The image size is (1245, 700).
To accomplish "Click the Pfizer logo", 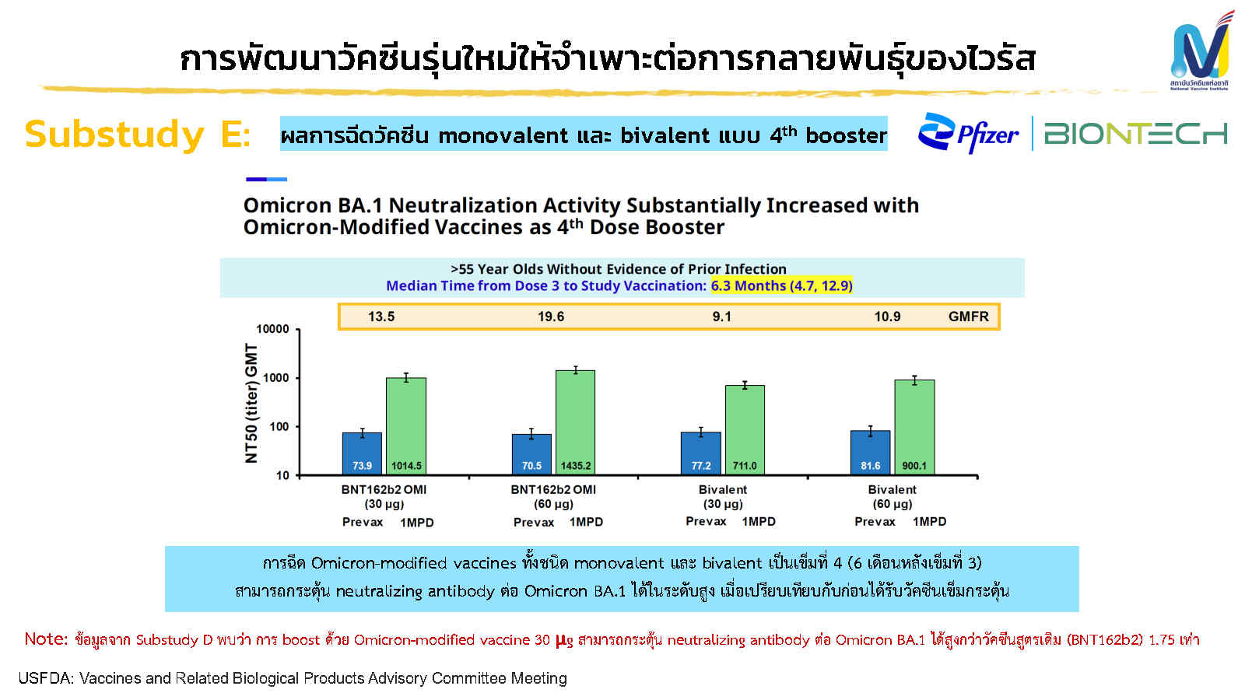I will pyautogui.click(x=968, y=134).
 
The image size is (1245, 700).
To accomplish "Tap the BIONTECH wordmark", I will pyautogui.click(x=1135, y=134).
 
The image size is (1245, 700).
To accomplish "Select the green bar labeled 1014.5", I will pyautogui.click(x=406, y=424).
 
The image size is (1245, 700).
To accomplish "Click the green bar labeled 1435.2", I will pyautogui.click(x=575, y=420).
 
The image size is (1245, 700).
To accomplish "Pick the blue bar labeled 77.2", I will pyautogui.click(x=700, y=453).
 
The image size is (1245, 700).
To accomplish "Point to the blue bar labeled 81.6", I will pyautogui.click(x=870, y=452).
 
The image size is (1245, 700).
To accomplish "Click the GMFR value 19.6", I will pyautogui.click(x=551, y=317).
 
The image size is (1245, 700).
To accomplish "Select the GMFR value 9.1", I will pyautogui.click(x=721, y=317).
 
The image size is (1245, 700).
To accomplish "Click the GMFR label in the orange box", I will pyautogui.click(x=968, y=317).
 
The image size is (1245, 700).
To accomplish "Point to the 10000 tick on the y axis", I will pyautogui.click(x=272, y=329).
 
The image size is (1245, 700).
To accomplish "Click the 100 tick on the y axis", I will pyautogui.click(x=279, y=426).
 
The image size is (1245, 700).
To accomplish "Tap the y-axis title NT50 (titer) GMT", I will pyautogui.click(x=251, y=403).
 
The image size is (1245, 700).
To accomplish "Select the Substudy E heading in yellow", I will pyautogui.click(x=137, y=135).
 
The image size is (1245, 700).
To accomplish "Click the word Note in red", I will pyautogui.click(x=46, y=639).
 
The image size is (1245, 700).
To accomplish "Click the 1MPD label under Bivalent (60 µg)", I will pyautogui.click(x=929, y=521).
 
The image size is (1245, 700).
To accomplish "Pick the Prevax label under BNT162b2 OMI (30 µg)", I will pyautogui.click(x=363, y=522).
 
